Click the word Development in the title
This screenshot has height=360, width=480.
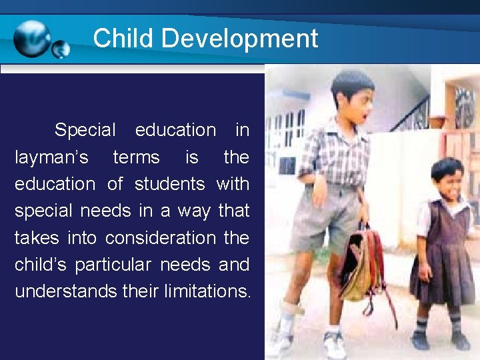[x=240, y=39]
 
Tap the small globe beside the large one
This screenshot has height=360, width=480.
[x=61, y=49]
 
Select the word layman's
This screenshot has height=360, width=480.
[x=51, y=157]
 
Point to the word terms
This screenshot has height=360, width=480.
[x=136, y=157]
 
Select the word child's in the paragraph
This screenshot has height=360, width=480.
[x=41, y=265]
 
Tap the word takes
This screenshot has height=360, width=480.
[x=37, y=238]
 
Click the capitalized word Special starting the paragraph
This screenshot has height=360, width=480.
[x=85, y=130]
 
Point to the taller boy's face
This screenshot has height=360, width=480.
[x=353, y=104]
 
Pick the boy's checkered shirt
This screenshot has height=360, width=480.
[x=333, y=153]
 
